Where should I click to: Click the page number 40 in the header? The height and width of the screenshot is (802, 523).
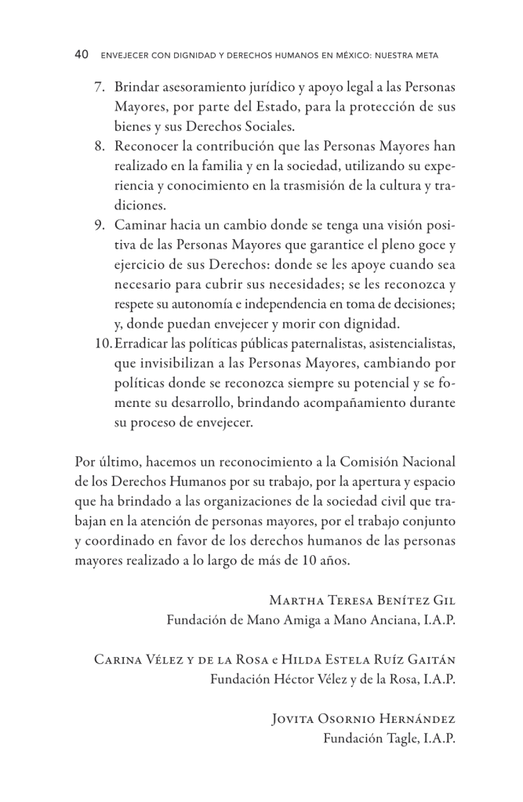(82, 56)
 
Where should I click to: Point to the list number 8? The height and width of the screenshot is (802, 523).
(100, 147)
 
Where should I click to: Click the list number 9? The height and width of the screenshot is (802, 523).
(100, 227)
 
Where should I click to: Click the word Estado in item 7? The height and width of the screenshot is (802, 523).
(310, 106)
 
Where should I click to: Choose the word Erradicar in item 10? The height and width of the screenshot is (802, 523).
(140, 343)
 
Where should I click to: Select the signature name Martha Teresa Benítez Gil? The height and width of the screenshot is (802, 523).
(362, 600)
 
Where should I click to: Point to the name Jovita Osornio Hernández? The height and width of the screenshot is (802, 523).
(363, 717)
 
